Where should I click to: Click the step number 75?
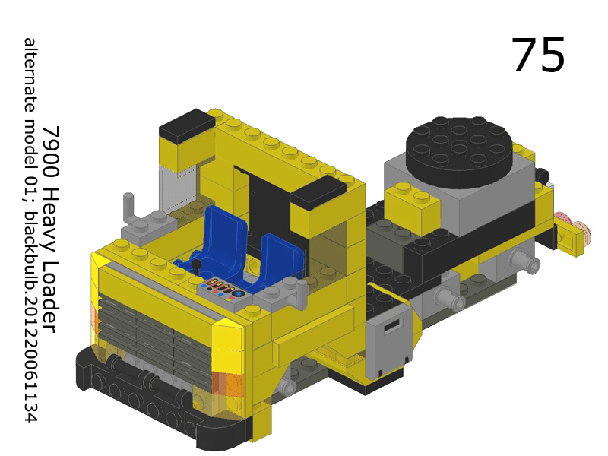pyautogui.click(x=538, y=55)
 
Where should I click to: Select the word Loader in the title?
pyautogui.click(x=51, y=285)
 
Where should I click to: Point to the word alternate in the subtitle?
pyautogui.click(x=30, y=76)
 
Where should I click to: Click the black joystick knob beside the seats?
pyautogui.click(x=195, y=265)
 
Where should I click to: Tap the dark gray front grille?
pyautogui.click(x=152, y=334)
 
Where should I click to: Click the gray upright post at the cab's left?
pyautogui.click(x=128, y=206)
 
